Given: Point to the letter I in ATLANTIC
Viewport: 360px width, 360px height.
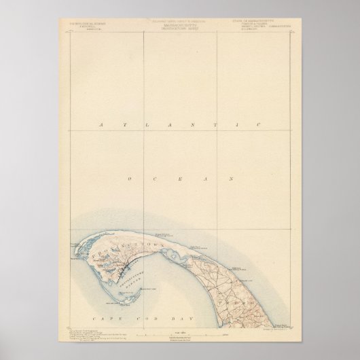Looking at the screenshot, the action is tap(235, 125).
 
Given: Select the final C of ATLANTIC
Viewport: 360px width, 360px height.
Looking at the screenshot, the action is tap(258, 125).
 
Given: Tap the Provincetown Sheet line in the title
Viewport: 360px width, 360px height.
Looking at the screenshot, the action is tap(179, 30).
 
